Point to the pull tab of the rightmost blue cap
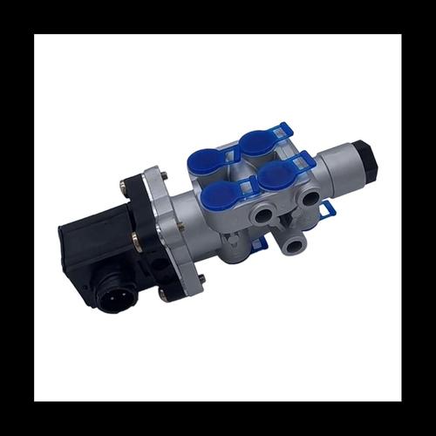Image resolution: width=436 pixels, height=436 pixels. pos(305,160)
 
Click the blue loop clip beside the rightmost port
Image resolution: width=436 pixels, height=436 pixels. pos(327,210)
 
